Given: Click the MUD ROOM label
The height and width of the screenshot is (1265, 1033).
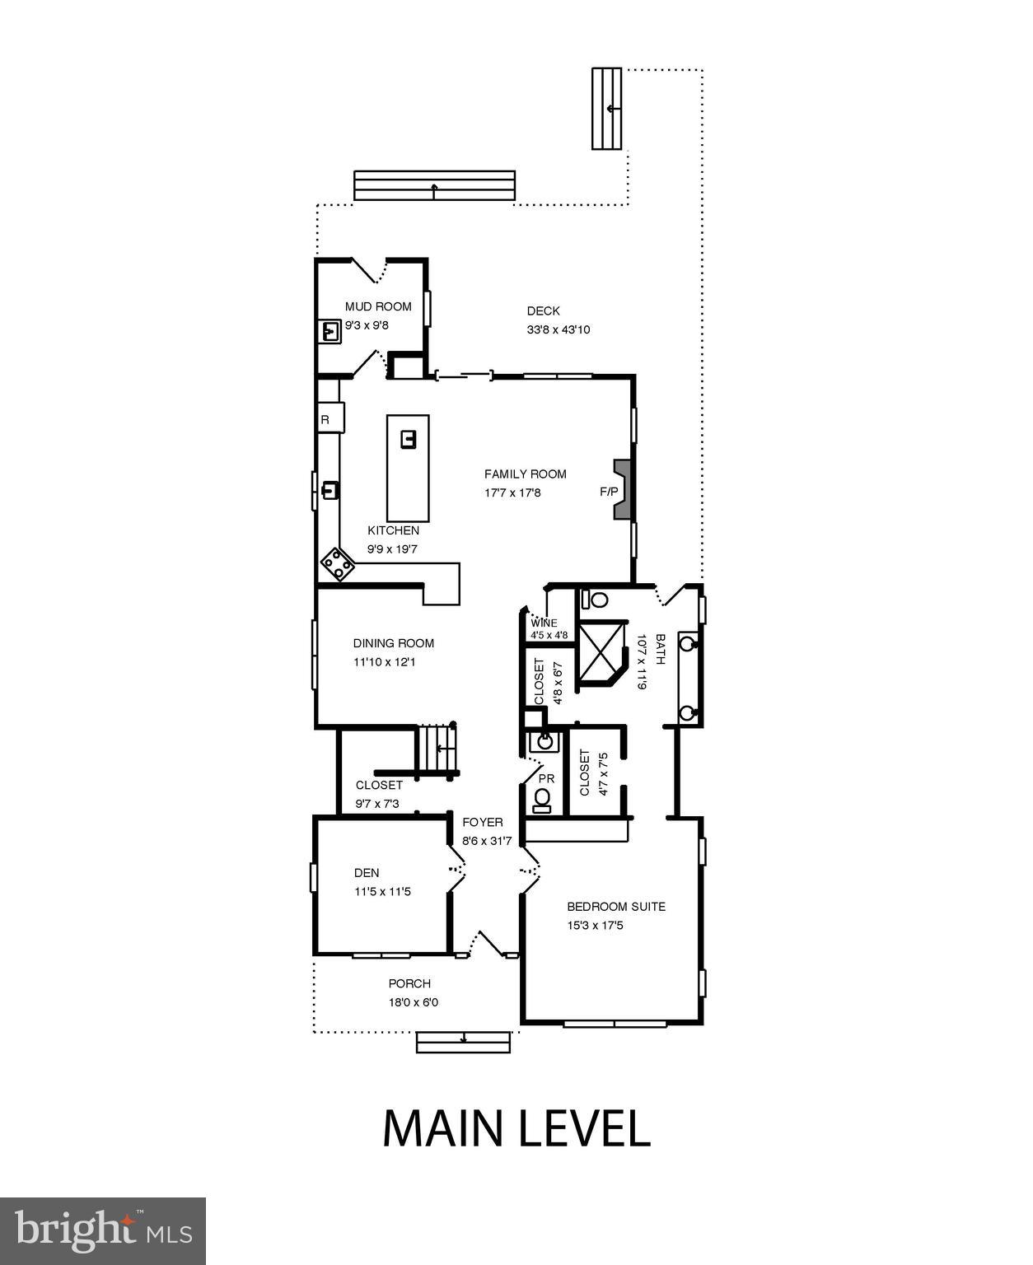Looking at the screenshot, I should [378, 306].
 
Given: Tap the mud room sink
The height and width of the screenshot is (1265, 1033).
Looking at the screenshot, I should [330, 331].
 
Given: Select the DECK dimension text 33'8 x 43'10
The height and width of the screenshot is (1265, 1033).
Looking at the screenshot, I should [559, 329].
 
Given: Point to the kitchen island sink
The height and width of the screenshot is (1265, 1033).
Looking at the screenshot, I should [408, 439].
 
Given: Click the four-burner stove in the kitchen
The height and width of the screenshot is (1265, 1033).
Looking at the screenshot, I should [338, 565].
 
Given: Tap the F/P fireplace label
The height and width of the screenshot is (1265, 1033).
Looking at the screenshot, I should [609, 492].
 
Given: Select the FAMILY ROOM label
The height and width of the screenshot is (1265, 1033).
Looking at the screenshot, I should [525, 474].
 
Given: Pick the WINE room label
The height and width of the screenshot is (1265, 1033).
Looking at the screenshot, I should [544, 623].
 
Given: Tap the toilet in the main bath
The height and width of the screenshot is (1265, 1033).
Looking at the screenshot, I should [596, 599].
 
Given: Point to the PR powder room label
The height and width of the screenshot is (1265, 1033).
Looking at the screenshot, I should [546, 778].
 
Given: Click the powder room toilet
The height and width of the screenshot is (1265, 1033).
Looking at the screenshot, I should [542, 800].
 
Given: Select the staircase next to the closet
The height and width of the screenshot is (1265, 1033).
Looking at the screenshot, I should [437, 749].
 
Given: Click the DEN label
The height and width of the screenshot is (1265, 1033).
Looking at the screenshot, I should [367, 872].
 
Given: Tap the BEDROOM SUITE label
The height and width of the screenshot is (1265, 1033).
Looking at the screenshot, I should [615, 906].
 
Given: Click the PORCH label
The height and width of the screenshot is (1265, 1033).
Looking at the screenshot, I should [409, 983].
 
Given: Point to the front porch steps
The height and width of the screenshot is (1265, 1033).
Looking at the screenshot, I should [464, 1042].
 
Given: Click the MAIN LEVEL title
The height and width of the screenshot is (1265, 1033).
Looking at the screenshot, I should [516, 1128].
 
